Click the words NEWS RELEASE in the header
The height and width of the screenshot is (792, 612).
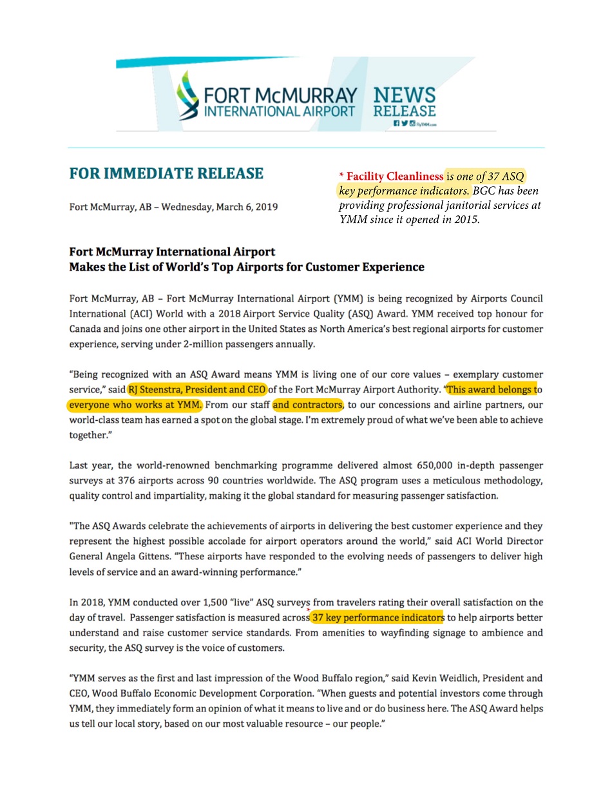405,102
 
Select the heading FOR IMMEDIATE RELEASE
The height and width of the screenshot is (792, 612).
166,174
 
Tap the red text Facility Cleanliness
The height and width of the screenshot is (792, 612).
391,176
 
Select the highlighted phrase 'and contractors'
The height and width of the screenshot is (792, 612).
307,405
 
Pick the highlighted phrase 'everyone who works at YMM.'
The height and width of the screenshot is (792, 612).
135,405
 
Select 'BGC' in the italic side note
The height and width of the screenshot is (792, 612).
483,191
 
